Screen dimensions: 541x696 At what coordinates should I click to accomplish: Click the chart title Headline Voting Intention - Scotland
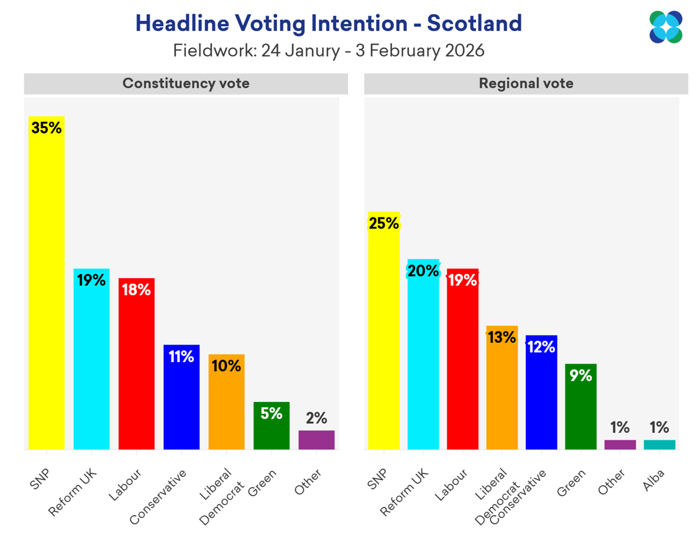coord(328,24)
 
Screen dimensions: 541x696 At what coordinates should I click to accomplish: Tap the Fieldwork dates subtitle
coord(328,50)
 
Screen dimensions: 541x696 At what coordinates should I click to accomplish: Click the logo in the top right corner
coord(666,27)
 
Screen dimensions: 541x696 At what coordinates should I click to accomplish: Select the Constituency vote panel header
coord(186,83)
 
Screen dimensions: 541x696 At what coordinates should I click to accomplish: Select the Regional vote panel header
coord(526,83)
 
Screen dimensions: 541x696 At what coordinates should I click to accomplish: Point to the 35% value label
coord(47,128)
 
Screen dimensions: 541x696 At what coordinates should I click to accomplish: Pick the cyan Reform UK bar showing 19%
coord(91,366)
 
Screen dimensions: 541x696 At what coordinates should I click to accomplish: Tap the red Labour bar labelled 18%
coord(136,373)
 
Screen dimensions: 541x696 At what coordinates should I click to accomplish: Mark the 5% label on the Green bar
coord(271,413)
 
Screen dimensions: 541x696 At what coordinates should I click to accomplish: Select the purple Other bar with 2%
coord(316,440)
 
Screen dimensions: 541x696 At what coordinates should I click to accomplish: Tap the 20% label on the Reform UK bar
coord(423,271)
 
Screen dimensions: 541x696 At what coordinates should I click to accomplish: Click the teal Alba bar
coord(659,444)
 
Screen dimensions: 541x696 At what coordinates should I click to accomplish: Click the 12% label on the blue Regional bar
coord(541,347)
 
